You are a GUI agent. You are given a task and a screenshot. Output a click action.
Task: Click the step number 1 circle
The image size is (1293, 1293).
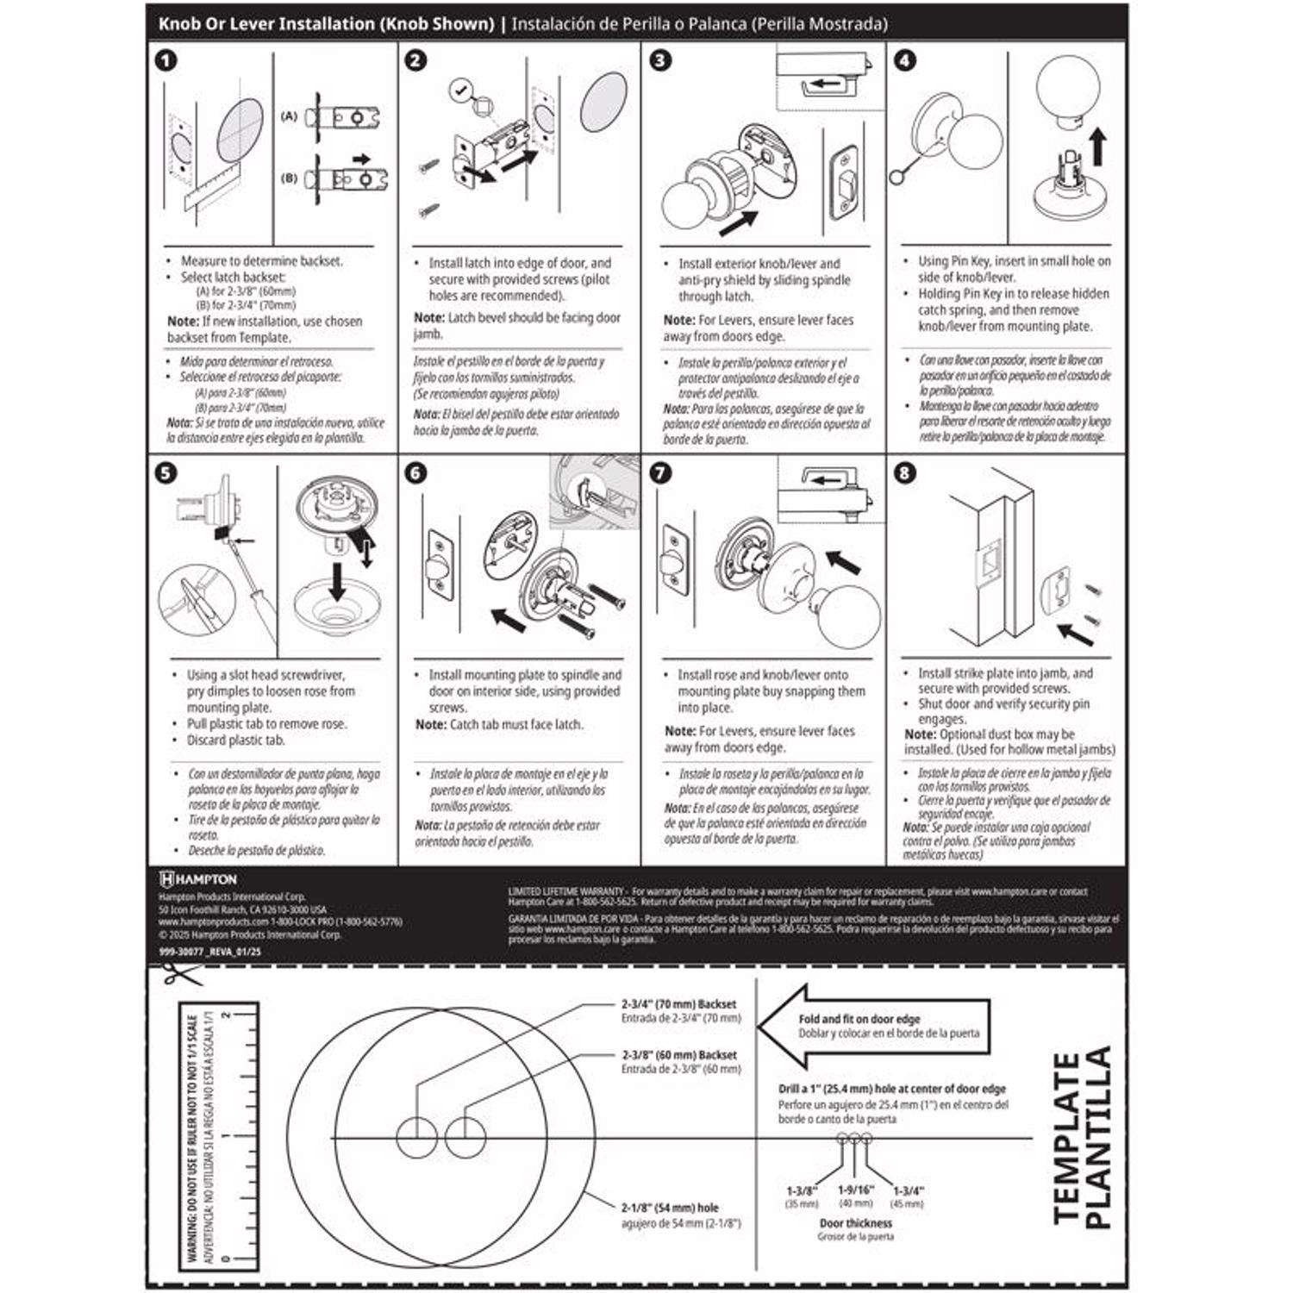click(x=166, y=60)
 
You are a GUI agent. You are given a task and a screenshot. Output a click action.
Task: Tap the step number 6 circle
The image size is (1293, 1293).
click(x=415, y=473)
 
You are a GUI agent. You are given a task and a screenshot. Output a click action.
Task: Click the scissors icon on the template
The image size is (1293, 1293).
click(x=180, y=975)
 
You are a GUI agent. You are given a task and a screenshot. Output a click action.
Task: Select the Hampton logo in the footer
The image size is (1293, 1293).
click(x=198, y=879)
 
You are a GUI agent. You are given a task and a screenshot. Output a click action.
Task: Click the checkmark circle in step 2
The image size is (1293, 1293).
click(x=460, y=89)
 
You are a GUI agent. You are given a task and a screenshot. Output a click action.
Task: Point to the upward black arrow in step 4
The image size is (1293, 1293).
click(x=1097, y=147)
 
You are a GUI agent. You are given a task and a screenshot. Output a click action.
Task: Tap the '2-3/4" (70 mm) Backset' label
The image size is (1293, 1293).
click(x=679, y=1004)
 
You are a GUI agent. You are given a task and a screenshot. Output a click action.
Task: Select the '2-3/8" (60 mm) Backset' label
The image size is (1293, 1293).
click(x=679, y=1055)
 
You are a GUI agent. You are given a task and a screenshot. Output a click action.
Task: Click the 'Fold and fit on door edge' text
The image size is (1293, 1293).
click(x=859, y=1019)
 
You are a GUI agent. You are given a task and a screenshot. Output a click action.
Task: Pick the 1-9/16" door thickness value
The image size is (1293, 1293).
click(x=855, y=1190)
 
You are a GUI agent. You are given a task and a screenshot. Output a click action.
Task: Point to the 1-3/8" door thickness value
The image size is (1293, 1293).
click(x=802, y=1190)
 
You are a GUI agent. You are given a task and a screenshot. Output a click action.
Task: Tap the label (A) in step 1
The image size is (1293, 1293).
click(x=289, y=116)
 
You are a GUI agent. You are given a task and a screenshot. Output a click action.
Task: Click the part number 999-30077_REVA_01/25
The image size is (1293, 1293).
click(x=209, y=952)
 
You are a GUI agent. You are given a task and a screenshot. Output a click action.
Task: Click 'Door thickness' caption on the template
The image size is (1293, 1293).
click(x=855, y=1222)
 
